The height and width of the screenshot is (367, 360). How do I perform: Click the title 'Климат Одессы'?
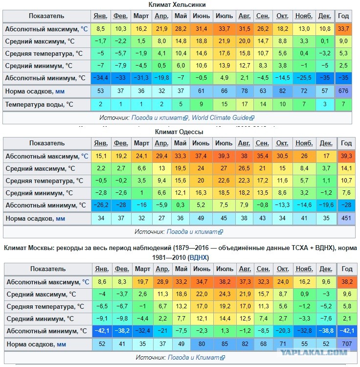coord(179,132)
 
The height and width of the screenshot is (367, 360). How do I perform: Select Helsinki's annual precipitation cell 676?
coord(343,91)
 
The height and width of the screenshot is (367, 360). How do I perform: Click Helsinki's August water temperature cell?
coord(243,104)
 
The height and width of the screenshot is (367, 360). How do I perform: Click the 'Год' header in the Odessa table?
coord(346,143)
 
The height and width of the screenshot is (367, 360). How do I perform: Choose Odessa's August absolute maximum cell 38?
coord(243,156)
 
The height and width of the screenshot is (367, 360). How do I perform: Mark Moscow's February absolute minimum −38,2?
coord(121,331)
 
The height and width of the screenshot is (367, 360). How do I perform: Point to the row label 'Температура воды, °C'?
coord(39,104)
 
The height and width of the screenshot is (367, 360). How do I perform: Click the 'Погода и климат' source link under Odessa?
coord(192,231)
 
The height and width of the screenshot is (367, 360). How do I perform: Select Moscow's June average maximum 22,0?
coord(202,294)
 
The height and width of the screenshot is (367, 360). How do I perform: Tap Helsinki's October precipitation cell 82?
coord(282,91)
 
